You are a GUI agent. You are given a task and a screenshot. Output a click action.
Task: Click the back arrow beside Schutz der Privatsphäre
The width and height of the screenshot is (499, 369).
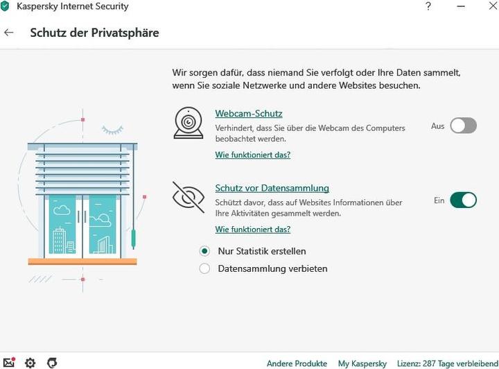pos(8,32)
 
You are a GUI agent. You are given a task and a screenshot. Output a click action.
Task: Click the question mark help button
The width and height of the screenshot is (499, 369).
pos(428,6)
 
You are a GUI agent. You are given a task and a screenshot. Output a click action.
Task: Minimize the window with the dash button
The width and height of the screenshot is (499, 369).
pos(460,6)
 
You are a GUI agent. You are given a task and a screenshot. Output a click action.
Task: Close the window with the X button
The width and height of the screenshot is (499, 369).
pos(493,6)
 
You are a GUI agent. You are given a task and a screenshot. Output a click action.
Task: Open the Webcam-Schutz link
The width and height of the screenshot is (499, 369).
pos(249,113)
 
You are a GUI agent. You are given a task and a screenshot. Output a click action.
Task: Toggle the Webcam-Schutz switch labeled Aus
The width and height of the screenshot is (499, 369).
pos(464,126)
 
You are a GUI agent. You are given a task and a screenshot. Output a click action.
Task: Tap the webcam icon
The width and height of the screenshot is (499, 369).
pos(189,123)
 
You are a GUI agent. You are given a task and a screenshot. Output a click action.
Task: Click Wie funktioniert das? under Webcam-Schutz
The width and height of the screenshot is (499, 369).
pos(253,155)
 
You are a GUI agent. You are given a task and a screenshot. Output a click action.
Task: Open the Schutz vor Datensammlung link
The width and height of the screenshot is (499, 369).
pos(272,188)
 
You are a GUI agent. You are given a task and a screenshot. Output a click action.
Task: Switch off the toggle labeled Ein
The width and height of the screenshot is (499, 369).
pos(464,200)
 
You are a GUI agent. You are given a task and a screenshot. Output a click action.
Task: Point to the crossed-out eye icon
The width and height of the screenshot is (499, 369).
pos(189,198)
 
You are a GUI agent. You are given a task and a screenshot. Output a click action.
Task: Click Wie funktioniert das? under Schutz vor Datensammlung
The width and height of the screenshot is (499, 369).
pos(253,229)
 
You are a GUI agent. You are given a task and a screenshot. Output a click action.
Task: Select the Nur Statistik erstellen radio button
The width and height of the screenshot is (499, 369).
pos(204,251)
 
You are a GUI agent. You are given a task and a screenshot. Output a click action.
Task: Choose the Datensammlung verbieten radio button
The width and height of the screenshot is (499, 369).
pos(204,268)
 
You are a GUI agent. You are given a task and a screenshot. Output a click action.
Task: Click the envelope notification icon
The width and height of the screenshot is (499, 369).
pos(9,362)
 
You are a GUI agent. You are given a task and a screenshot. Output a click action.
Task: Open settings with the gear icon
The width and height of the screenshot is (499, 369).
pos(30,363)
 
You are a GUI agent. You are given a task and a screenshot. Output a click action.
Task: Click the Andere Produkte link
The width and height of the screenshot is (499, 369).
pos(297,363)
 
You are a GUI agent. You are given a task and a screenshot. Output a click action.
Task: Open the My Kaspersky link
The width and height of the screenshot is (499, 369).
pos(362,363)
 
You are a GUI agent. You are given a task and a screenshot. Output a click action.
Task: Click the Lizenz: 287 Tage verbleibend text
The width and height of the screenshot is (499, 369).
pos(448,363)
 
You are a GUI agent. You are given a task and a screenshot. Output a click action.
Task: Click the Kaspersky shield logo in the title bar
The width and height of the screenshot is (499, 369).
pos(5,6)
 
